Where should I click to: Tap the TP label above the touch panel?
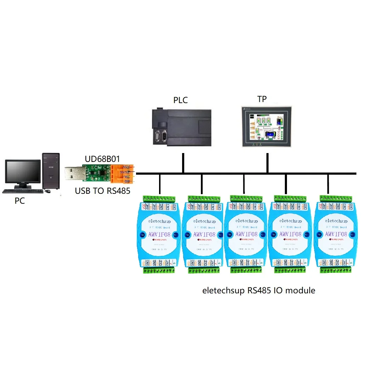[262, 99]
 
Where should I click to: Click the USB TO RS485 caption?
[103, 191]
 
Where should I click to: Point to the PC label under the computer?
[20, 201]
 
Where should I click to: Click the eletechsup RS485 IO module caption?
[259, 291]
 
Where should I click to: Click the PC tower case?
[51, 172]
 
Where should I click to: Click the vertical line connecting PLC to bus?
[183, 163]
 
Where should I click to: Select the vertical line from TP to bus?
[267, 163]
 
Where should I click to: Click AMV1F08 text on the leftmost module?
[159, 234]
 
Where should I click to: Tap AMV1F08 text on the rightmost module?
[336, 234]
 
